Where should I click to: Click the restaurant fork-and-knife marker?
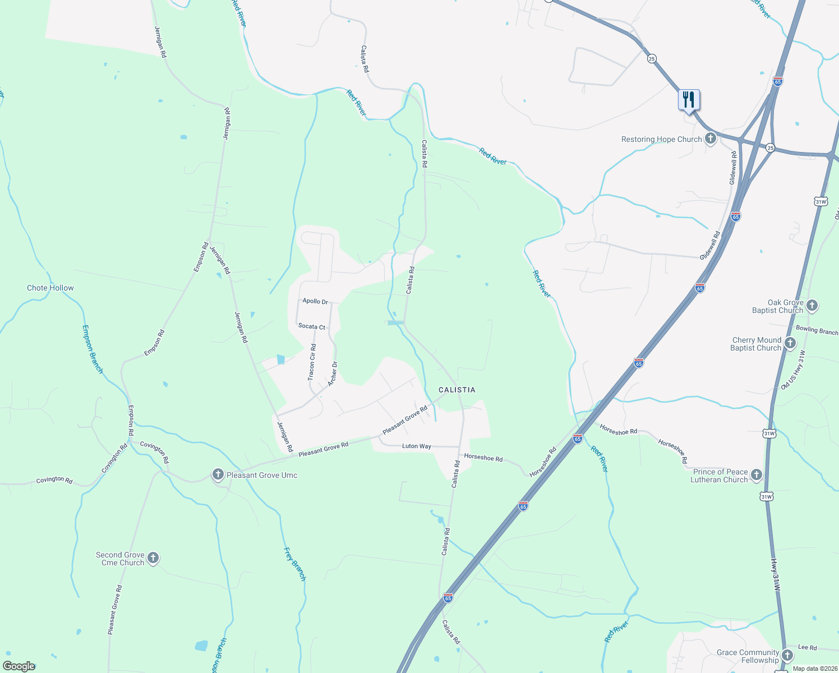click(689, 100)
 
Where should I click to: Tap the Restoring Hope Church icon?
click(711, 139)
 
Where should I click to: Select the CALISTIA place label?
click(457, 390)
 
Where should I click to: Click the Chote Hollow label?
click(50, 288)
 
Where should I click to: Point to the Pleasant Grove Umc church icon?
click(218, 474)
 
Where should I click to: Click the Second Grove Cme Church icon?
click(153, 558)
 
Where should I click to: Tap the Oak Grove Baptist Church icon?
click(812, 306)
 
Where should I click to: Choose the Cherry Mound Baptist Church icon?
click(790, 343)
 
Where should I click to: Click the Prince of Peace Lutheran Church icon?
click(757, 475)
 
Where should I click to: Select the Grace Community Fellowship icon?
click(787, 656)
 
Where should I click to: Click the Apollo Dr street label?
click(315, 301)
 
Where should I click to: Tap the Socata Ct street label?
click(312, 326)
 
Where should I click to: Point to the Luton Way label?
click(417, 446)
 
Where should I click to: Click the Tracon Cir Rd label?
click(312, 363)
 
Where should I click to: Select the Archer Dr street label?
click(333, 373)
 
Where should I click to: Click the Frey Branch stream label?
click(295, 564)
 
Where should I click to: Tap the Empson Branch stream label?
click(93, 349)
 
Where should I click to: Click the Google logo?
click(19, 666)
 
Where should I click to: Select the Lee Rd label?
click(807, 647)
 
